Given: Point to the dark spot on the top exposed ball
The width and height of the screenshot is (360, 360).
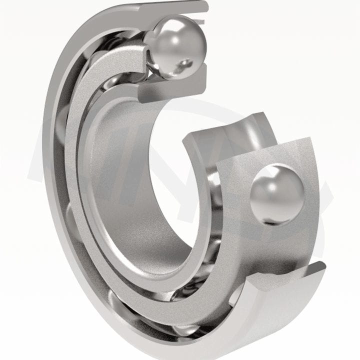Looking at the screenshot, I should (x=186, y=63).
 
